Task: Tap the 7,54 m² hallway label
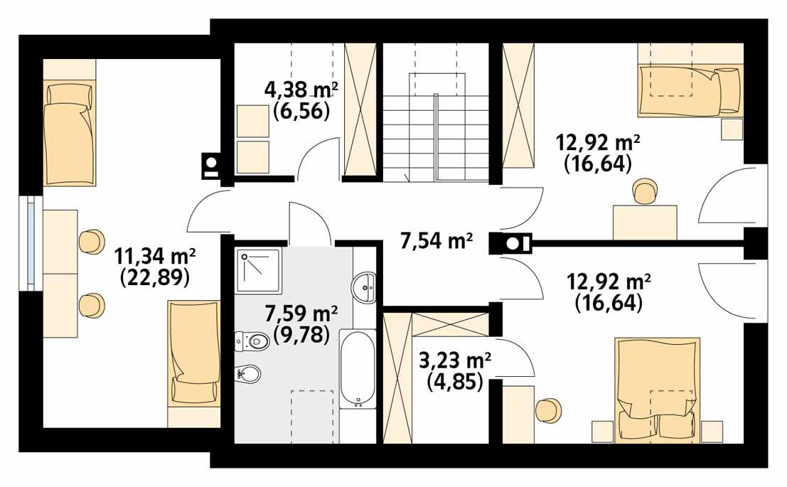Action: (437, 242)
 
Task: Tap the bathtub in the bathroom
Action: (357, 368)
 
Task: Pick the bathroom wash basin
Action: (364, 289)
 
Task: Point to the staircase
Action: (437, 124)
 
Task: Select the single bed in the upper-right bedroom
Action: (690, 90)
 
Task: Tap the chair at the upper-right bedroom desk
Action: (644, 192)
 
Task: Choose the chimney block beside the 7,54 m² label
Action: (511, 244)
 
